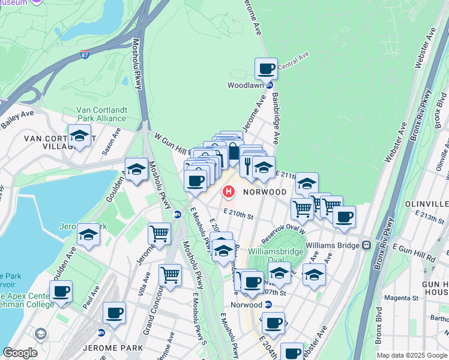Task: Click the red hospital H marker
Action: click(x=229, y=192)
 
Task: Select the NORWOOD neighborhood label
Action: click(x=265, y=192)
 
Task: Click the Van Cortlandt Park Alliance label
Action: click(x=101, y=114)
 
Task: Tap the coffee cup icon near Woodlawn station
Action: click(x=266, y=68)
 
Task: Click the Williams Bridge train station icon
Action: click(x=364, y=245)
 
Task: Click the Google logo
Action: click(x=20, y=353)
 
